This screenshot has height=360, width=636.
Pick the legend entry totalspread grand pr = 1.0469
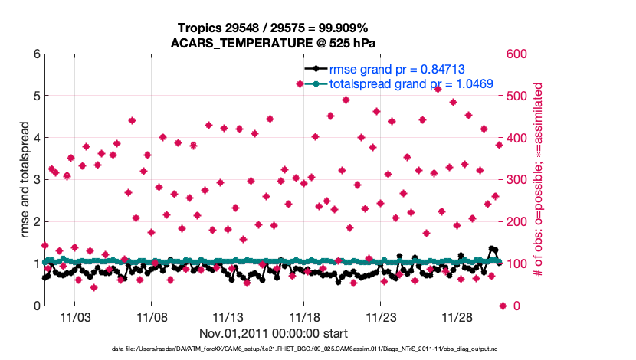411,83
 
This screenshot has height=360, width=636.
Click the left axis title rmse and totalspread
25,180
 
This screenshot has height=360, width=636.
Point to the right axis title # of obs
537,180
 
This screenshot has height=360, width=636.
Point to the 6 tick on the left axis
36,54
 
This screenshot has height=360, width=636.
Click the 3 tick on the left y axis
36,180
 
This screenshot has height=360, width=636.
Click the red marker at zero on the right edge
503,306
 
